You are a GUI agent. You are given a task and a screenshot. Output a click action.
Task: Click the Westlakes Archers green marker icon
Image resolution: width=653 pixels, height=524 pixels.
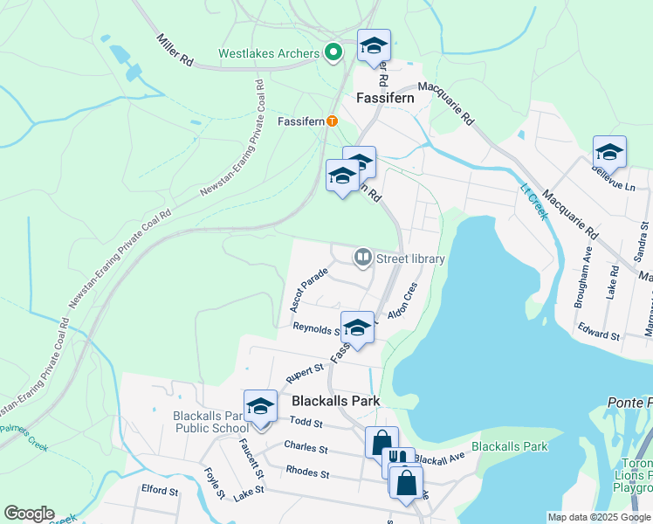click(x=333, y=53)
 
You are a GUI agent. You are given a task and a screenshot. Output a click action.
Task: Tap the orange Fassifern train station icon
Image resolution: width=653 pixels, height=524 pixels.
click(x=332, y=121)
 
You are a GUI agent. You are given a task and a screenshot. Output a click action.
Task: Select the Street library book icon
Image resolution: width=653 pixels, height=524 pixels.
click(x=362, y=258)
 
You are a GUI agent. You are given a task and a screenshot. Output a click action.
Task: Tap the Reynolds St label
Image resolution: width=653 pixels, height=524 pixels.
click(x=315, y=329)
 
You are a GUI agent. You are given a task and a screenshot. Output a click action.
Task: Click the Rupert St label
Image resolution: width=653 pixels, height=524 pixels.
click(x=304, y=374)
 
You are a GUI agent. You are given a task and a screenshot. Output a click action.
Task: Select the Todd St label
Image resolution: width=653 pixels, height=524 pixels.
click(x=306, y=423)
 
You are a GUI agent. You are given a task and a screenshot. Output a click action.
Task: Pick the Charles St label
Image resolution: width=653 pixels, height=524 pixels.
click(x=306, y=448)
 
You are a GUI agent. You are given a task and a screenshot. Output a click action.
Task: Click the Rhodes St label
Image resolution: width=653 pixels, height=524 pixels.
click(x=307, y=472)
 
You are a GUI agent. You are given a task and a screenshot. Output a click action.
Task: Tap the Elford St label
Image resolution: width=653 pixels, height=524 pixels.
click(x=159, y=491)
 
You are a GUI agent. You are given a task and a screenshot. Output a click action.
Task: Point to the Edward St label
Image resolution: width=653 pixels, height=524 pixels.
click(x=598, y=334)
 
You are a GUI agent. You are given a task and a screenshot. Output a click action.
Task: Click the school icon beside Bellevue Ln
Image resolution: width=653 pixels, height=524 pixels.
click(x=609, y=151)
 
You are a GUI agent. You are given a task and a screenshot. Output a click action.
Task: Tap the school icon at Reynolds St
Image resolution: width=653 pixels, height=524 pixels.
click(x=356, y=327)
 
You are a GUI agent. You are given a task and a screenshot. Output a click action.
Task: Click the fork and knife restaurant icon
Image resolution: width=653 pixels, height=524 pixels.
click(x=399, y=458)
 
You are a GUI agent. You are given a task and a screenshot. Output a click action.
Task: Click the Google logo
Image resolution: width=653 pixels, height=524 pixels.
click(x=30, y=514)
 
